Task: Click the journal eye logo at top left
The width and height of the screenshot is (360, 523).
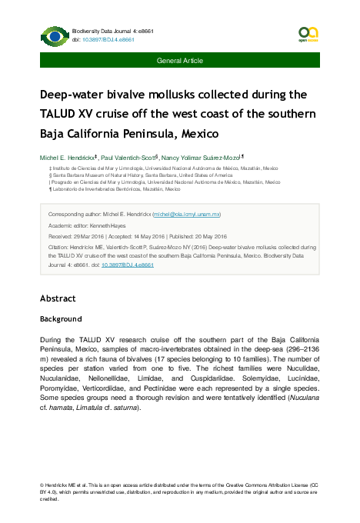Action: [x=53, y=35]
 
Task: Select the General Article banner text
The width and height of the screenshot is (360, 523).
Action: [x=180, y=59]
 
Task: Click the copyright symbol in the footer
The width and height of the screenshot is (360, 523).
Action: [x=42, y=486]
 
